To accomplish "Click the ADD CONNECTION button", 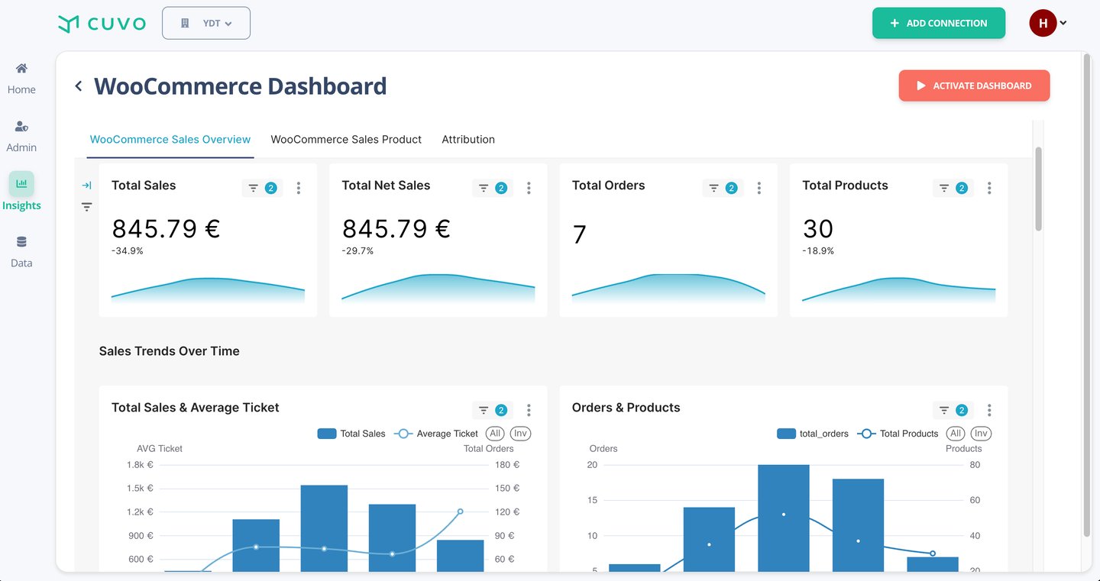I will click(938, 23).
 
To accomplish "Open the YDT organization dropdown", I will click(206, 23).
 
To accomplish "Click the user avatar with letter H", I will click(1043, 23).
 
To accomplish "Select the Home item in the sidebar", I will click(21, 78).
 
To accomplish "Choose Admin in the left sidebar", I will click(21, 136).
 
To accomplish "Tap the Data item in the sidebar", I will click(21, 251).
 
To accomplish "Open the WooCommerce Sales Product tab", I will click(346, 139).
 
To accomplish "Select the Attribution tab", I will click(468, 139).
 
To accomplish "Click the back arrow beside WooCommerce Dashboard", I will click(78, 86).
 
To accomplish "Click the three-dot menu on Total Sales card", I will click(299, 188).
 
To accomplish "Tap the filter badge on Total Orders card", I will click(723, 188).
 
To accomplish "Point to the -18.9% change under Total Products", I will click(818, 250).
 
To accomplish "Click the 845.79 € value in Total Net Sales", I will click(396, 228).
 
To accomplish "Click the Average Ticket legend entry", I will click(436, 434).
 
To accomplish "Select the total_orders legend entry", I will click(813, 434).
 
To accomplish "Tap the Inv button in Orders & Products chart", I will click(981, 434).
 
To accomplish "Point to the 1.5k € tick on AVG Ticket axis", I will click(140, 488).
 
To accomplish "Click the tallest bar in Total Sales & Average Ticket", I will click(324, 528).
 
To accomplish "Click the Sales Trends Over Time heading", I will click(170, 351).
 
